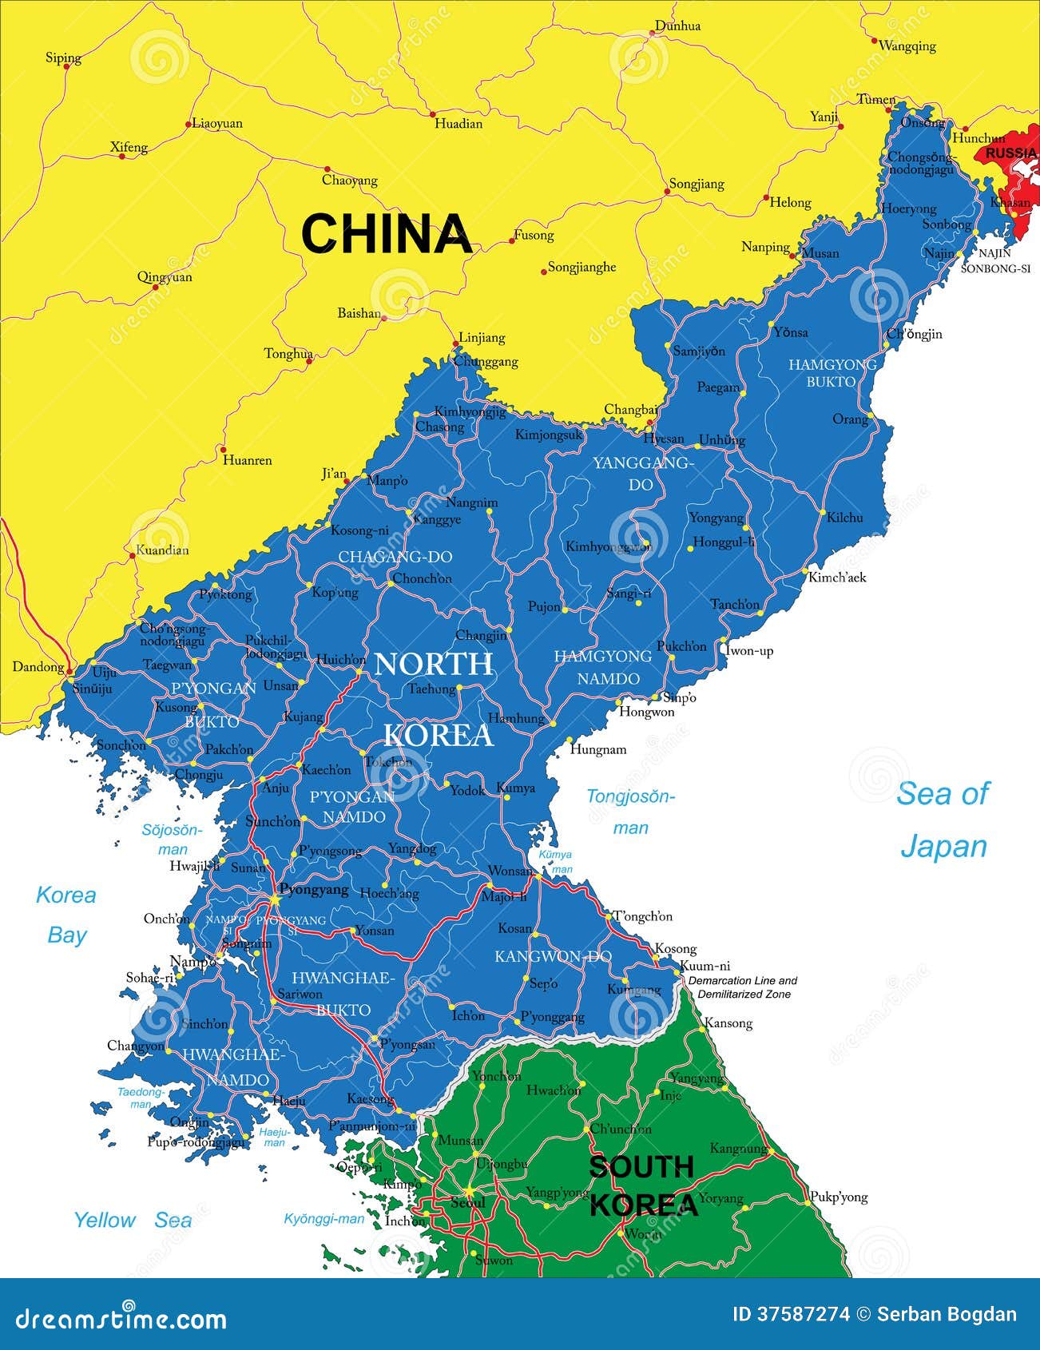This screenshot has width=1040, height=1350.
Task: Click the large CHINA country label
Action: pos(386,234)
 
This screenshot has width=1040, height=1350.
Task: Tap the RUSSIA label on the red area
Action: pos(1010,153)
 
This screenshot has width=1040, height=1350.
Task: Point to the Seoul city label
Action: pos(467,1203)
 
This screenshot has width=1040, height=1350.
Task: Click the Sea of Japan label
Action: pos(943,820)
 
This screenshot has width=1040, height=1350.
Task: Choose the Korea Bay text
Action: pos(66,915)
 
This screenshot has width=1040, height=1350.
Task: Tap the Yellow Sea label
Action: pos(133,1220)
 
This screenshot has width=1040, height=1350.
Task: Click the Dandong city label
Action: pos(38,666)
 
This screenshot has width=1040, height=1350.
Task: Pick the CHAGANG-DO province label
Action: pos(395,557)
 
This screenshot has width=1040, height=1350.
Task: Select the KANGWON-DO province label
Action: pos(553,956)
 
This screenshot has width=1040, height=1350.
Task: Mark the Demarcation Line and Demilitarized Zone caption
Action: pos(743,987)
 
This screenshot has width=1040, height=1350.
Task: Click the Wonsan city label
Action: pos(510,871)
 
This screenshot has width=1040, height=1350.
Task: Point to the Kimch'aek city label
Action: pos(837,577)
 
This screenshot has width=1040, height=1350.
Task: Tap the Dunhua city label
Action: pos(677,26)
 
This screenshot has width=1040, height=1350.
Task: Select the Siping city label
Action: pos(63,58)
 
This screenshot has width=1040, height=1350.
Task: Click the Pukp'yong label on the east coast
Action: pos(839,1197)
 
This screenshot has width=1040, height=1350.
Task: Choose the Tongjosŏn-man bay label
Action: pos(631,812)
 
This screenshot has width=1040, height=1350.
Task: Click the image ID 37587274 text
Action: pos(791,1314)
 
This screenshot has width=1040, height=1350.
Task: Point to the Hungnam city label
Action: pos(597,749)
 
